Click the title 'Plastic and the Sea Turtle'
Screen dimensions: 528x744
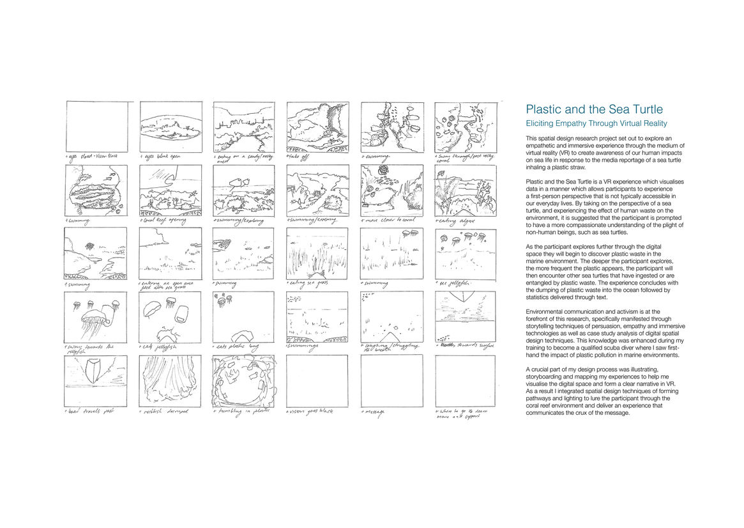click(594, 109)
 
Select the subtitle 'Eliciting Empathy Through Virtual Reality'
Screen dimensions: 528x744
click(596, 123)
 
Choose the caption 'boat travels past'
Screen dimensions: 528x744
click(90, 411)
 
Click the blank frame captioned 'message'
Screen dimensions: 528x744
click(391, 381)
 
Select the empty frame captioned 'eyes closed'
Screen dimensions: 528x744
click(96, 126)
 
